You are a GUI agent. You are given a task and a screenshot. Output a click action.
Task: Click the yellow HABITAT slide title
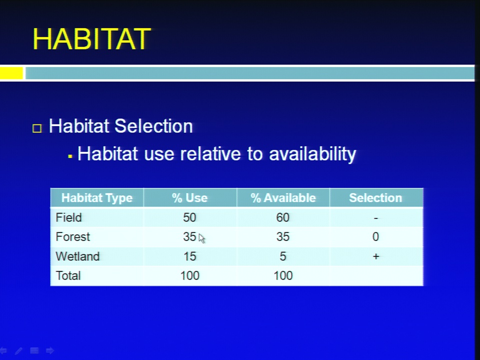(x=92, y=39)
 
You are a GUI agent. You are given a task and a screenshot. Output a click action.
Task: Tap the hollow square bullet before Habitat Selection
(x=37, y=128)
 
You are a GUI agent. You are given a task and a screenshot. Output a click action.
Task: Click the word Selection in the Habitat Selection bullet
(x=153, y=126)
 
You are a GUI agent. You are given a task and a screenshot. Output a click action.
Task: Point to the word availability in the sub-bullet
(x=312, y=153)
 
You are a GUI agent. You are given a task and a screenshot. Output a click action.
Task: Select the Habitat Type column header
(x=97, y=198)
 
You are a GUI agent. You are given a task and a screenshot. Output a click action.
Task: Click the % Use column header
(x=190, y=198)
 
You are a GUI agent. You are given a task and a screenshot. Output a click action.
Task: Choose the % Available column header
(x=283, y=198)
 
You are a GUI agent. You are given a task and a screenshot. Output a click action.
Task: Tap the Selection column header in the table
(x=375, y=198)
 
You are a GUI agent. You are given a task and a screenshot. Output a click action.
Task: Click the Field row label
(x=69, y=217)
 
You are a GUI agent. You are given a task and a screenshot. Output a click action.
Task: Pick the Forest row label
(x=73, y=236)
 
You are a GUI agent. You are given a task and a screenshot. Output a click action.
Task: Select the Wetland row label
(x=78, y=256)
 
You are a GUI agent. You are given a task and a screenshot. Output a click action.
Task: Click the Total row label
(x=68, y=275)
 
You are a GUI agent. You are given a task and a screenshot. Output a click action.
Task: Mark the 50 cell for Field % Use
(x=189, y=217)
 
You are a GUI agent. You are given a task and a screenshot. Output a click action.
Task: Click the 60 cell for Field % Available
(x=283, y=217)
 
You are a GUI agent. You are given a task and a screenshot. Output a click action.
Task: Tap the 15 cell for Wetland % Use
(x=190, y=256)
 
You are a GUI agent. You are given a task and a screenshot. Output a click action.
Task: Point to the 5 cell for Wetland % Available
(x=283, y=256)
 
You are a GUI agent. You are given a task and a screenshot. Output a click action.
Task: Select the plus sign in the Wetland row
(x=376, y=256)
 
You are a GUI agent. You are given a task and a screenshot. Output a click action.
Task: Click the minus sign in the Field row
(x=376, y=218)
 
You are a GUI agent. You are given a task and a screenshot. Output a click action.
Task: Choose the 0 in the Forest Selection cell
(x=375, y=236)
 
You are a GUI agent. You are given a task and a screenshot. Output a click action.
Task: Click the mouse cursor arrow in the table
(x=201, y=238)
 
